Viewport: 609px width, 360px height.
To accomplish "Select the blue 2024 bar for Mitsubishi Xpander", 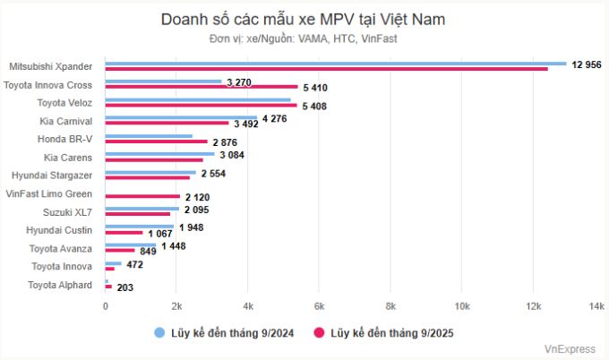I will pos(336,64).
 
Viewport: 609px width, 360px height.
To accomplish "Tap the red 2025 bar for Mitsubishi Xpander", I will pos(327,69).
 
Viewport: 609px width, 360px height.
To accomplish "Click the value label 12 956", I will pos(588,65).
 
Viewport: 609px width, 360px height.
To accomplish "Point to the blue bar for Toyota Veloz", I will pos(198,100).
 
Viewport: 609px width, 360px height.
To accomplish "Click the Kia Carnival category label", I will pos(66,121).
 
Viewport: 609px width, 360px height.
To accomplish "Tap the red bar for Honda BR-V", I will pos(156,142).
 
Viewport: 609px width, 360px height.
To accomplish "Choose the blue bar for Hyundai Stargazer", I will pos(150,173).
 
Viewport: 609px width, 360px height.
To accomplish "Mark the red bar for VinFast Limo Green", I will pos(142,196).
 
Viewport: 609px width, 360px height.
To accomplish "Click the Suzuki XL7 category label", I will pos(67,212).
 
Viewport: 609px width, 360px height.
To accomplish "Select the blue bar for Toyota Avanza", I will pos(131,245).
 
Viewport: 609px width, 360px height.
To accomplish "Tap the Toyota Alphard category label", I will pos(60,285).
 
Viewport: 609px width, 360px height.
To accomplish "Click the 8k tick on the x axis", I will pos(390,306).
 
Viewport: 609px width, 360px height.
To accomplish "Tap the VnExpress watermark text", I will pos(570,347).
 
